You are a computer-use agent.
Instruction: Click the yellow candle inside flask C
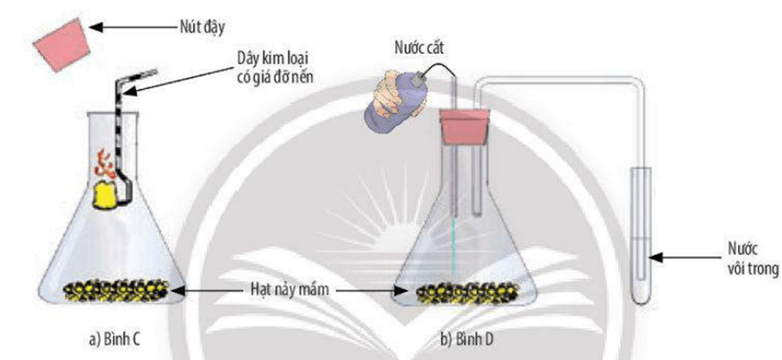click(x=109, y=195)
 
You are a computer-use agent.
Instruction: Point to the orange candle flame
click(x=107, y=164)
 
